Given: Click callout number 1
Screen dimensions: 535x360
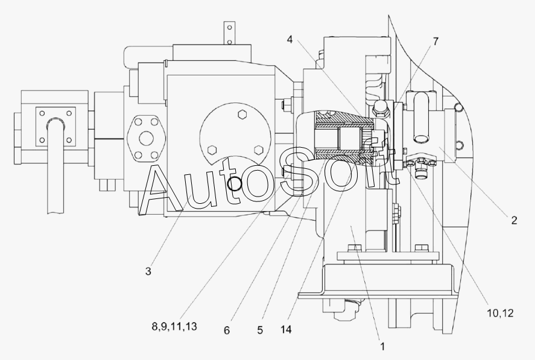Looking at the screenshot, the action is point(382,347).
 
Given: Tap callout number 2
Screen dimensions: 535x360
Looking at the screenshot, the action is point(514,221).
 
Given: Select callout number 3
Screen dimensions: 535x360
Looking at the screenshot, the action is point(148,271).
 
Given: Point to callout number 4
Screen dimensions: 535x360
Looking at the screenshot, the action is point(290,40).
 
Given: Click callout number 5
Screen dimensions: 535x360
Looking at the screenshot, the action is point(259,330).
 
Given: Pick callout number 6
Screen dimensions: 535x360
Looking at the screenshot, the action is point(227,330).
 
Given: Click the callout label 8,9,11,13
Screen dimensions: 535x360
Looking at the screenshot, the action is point(174,327).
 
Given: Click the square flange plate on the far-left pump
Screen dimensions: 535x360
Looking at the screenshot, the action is point(55,126).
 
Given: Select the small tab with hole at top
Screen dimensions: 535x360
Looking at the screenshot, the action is point(228,33).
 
